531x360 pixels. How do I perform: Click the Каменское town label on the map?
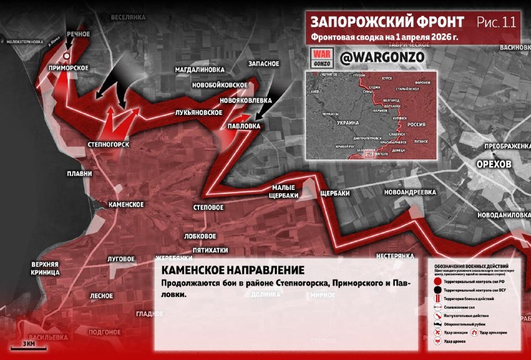pos(126,205)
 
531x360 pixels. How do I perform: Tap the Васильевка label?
pos(47,337)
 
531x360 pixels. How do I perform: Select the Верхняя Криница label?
pos(45,268)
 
